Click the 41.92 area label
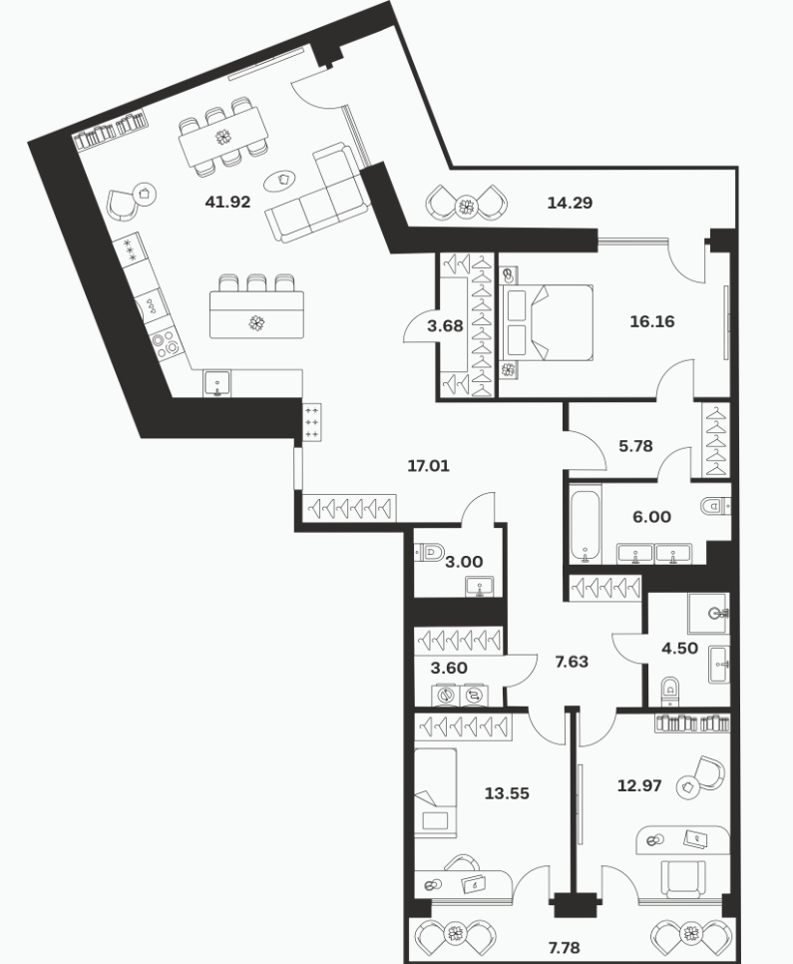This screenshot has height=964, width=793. point(228,202)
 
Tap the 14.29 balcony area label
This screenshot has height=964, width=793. point(570,203)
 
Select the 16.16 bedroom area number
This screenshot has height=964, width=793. point(652,321)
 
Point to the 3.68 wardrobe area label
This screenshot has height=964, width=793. point(445,326)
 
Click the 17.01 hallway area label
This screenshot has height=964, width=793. point(429,466)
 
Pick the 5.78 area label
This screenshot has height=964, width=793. point(635,446)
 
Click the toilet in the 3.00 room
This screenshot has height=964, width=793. point(430,552)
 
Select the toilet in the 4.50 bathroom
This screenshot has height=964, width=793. point(671,691)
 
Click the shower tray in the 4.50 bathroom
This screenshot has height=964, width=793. point(709,613)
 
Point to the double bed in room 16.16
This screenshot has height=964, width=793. point(547,321)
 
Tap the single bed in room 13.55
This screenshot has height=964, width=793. point(435,792)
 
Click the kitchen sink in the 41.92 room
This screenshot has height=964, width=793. point(216,383)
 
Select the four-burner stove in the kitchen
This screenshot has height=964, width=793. point(166,343)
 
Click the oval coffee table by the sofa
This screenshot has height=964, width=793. point(279,180)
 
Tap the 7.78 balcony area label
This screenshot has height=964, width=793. point(563,947)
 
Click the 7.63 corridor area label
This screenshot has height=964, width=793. point(572,662)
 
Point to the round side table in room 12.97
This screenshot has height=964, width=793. point(688,786)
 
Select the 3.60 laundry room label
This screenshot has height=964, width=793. point(449,668)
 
